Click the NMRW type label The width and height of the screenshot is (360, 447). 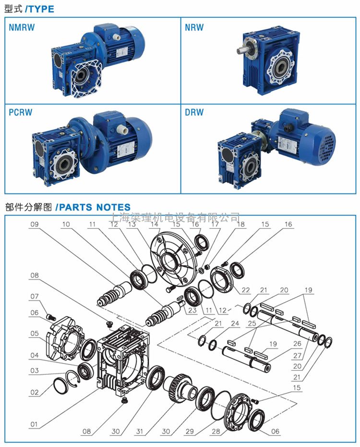(22, 27)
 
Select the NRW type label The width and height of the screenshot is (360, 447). (194, 27)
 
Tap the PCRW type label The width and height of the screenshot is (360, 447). (21, 112)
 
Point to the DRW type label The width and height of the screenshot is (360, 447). (194, 112)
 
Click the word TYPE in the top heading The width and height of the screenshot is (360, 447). (41, 9)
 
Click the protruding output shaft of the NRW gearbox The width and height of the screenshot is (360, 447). (241, 50)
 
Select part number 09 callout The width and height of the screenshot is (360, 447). (35, 224)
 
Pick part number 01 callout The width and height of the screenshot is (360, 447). (34, 424)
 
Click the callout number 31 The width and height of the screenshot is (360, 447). (139, 431)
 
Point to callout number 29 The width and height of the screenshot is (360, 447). (190, 431)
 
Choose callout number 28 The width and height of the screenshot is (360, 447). (216, 431)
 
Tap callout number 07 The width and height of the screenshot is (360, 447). (35, 297)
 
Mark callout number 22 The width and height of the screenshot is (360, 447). (246, 290)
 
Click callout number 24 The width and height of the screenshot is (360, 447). (235, 323)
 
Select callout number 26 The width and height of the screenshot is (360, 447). (297, 344)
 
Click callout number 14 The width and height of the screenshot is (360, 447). (155, 224)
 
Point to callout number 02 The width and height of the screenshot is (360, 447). (35, 392)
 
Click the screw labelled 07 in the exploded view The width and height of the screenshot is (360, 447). (51, 317)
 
